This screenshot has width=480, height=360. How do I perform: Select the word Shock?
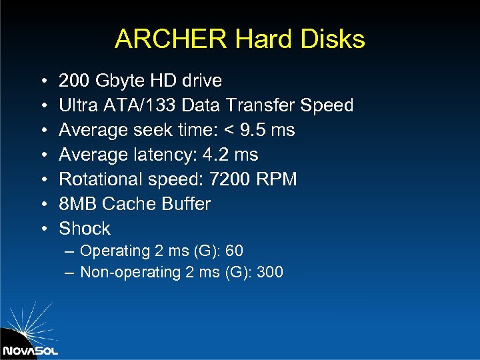(85, 229)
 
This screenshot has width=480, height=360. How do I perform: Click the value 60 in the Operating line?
(234, 251)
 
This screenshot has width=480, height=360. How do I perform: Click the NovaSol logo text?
(30, 351)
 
